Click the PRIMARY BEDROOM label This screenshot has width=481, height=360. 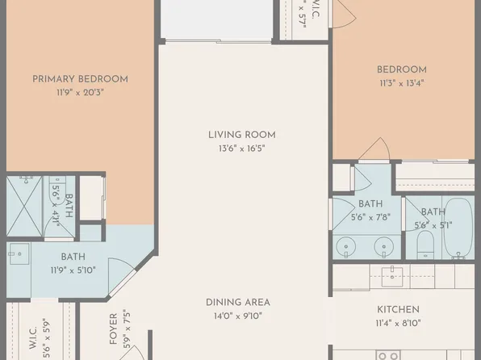(80, 78)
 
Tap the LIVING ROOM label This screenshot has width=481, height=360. (242, 134)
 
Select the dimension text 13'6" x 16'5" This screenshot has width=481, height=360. (242, 149)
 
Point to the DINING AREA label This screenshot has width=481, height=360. (237, 302)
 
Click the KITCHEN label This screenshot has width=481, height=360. (398, 309)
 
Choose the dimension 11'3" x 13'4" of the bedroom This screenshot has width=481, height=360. (401, 82)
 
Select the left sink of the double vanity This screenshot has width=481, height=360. (346, 245)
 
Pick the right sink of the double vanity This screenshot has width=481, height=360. (380, 245)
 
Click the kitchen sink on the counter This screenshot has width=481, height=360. (395, 272)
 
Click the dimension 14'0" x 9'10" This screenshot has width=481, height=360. (237, 316)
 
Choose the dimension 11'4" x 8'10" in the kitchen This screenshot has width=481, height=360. (398, 324)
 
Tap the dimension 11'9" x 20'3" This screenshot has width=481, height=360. (80, 92)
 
